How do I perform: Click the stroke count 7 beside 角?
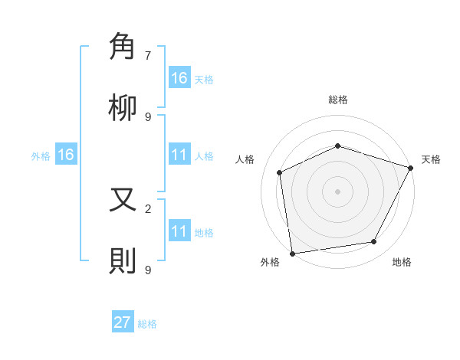point(148,55)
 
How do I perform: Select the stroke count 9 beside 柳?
point(148,116)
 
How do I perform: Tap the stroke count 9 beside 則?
point(148,270)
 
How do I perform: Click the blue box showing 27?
point(123,322)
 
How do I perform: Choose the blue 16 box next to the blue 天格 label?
point(179,78)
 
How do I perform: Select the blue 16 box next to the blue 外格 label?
point(66,155)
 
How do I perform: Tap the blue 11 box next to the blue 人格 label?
point(179,155)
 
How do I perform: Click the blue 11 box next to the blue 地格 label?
point(179,231)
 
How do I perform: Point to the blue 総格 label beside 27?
point(147,324)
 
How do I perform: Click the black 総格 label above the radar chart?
point(337,100)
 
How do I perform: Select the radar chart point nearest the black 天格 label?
point(411,168)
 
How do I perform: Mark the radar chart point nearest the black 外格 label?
point(292,253)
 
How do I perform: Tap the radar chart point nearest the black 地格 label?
point(374,242)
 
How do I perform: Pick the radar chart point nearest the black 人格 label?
point(280,172)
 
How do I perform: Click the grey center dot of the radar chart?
point(337,191)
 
